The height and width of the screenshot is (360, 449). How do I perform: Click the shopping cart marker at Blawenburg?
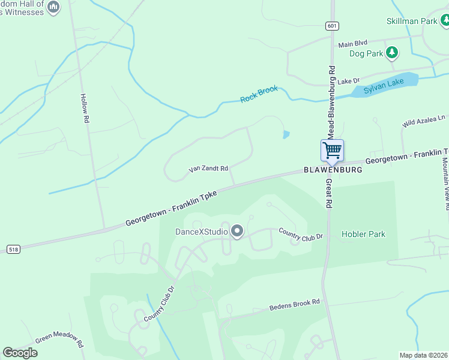332,151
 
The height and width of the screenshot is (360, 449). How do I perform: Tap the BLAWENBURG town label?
332,170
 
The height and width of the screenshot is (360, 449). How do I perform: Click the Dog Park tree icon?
392,53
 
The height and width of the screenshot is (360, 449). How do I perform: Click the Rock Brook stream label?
259,94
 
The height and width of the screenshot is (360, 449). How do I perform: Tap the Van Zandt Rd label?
208,169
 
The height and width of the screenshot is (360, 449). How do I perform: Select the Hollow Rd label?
85,109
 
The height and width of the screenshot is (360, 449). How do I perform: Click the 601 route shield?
332,26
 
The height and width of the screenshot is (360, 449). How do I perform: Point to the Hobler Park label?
363,234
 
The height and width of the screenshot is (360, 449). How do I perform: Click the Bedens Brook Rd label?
294,305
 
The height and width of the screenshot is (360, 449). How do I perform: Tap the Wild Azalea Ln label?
424,122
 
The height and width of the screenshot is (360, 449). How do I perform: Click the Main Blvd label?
352,44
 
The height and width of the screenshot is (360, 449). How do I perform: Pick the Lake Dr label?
348,81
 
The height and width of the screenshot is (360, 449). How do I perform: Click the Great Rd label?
329,193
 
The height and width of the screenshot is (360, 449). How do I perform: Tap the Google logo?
20,353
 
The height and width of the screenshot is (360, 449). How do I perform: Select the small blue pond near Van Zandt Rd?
286,134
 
